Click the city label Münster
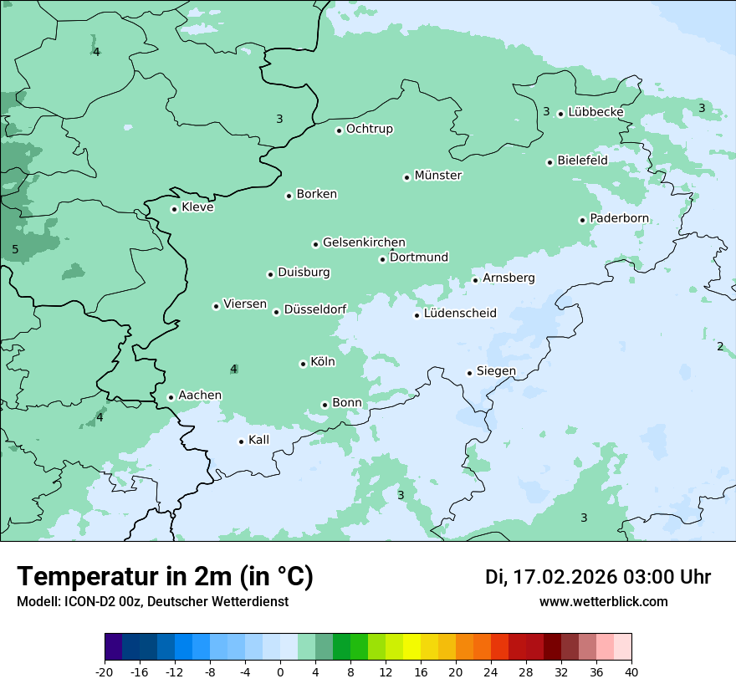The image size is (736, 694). click(x=438, y=176)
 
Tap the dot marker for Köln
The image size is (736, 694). click(x=303, y=364)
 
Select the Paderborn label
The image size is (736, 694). click(x=619, y=218)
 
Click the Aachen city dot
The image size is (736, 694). click(x=171, y=397)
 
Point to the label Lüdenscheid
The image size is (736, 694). click(x=460, y=314)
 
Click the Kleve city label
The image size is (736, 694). click(x=197, y=207)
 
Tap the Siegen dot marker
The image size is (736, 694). click(x=469, y=373)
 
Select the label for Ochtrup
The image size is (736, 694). click(x=369, y=129)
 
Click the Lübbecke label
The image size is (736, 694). click(x=595, y=112)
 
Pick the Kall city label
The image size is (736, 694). click(x=258, y=440)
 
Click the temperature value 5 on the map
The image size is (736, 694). click(x=15, y=249)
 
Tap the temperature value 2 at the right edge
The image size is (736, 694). click(x=720, y=346)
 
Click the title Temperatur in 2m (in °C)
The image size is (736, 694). click(x=165, y=577)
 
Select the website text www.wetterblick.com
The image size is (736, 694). click(x=603, y=602)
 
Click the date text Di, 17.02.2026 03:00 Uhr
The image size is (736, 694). click(x=597, y=577)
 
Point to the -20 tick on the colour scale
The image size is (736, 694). click(x=105, y=671)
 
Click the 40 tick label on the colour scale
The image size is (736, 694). click(x=631, y=671)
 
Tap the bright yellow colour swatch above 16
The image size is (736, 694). click(x=411, y=647)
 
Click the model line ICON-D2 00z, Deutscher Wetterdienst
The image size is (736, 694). click(x=152, y=602)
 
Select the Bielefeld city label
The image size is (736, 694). click(x=582, y=160)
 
